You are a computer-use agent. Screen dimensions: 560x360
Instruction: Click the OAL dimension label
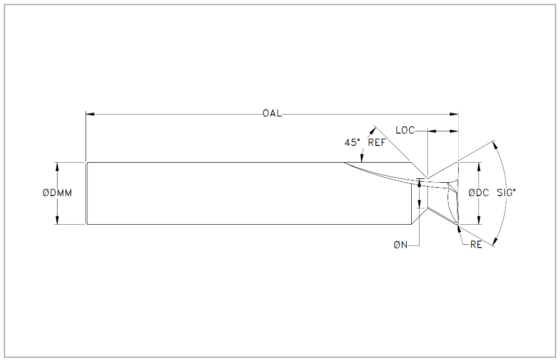(272, 113)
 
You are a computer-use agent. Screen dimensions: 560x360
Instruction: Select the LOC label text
(406, 131)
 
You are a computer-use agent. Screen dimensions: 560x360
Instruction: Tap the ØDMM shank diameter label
(57, 193)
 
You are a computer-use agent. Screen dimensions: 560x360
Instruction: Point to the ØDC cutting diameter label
(478, 193)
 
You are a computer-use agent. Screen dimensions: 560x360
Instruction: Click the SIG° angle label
(506, 193)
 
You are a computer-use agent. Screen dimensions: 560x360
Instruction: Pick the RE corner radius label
(476, 245)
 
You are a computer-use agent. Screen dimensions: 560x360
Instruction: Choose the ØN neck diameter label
(401, 245)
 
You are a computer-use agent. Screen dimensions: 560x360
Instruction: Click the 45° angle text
(352, 143)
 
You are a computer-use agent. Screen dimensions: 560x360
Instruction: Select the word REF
(377, 143)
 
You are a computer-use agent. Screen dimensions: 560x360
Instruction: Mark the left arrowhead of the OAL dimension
(90, 114)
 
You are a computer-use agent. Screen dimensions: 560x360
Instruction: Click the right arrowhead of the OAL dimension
(454, 114)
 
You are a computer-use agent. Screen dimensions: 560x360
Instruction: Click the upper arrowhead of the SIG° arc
(495, 145)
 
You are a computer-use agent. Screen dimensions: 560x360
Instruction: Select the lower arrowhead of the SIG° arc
(495, 241)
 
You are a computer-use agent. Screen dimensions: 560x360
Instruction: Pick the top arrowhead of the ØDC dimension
(478, 166)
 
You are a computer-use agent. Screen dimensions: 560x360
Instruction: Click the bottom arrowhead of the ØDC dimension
(478, 220)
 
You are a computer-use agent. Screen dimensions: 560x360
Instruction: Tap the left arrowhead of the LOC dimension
(431, 131)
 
